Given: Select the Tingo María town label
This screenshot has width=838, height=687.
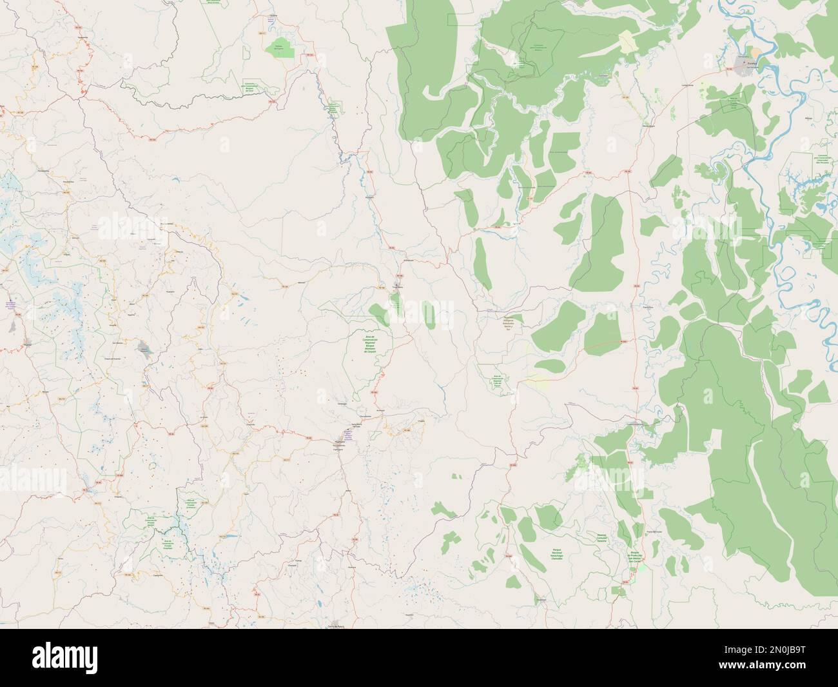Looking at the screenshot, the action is coord(398,285).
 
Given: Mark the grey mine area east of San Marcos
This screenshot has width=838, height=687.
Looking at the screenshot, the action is coord(143,348).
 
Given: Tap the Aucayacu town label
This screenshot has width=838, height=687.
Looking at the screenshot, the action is coord(373,196).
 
